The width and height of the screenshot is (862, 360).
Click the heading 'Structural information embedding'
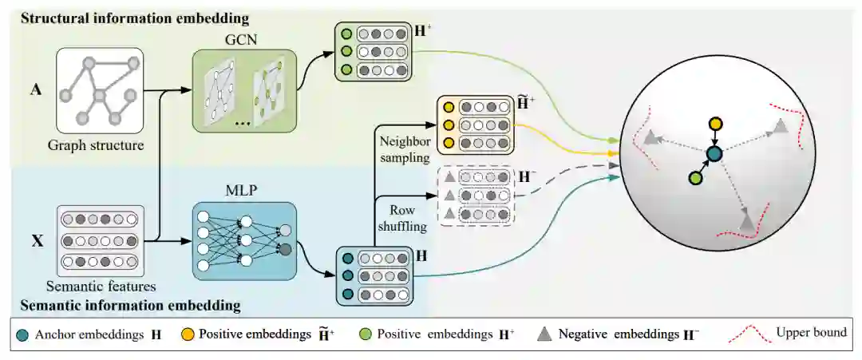pos(129,17)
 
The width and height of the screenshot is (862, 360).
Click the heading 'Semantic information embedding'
pos(129,305)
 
